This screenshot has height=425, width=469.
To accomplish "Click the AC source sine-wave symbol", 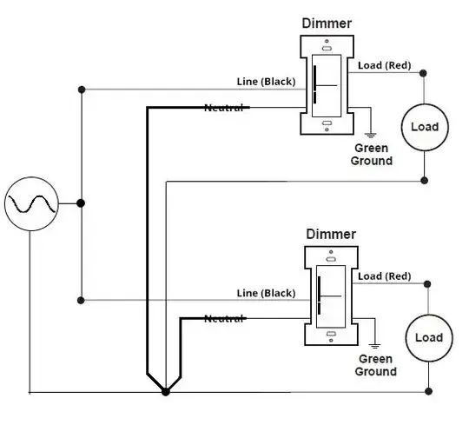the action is tap(31, 204).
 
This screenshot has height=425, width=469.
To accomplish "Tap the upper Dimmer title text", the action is tap(327, 23).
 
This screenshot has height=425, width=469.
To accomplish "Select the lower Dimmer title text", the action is tap(331, 234).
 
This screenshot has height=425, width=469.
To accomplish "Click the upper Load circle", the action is tap(425, 127).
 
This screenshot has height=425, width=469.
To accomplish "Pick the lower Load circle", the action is tap(429, 338).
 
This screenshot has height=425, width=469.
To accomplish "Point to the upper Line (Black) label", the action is tap(266, 82).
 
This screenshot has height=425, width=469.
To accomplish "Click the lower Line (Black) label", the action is tap(266, 293).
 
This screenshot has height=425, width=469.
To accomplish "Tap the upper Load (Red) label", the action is tap(385, 65).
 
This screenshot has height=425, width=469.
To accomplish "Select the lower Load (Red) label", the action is tap(385, 276).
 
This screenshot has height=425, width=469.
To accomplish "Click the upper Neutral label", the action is tap(224, 108).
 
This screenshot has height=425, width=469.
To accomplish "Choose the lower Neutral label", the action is tap(224, 319).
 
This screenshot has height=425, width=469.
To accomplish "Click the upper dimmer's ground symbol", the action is tap(371, 136).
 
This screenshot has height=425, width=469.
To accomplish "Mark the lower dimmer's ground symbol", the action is tap(375, 346).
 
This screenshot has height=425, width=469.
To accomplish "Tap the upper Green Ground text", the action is tap(372, 155).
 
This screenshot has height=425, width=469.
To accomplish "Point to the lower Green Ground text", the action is tap(376, 365).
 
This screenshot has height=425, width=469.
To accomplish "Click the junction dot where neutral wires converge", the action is tap(165, 391).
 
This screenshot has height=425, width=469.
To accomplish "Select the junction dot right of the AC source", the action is tap(81, 203).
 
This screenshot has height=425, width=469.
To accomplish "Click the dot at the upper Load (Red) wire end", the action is tap(423, 73).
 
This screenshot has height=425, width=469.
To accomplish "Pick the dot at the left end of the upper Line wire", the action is tap(82, 90).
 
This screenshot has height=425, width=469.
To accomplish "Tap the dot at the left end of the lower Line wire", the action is tap(81, 300).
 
